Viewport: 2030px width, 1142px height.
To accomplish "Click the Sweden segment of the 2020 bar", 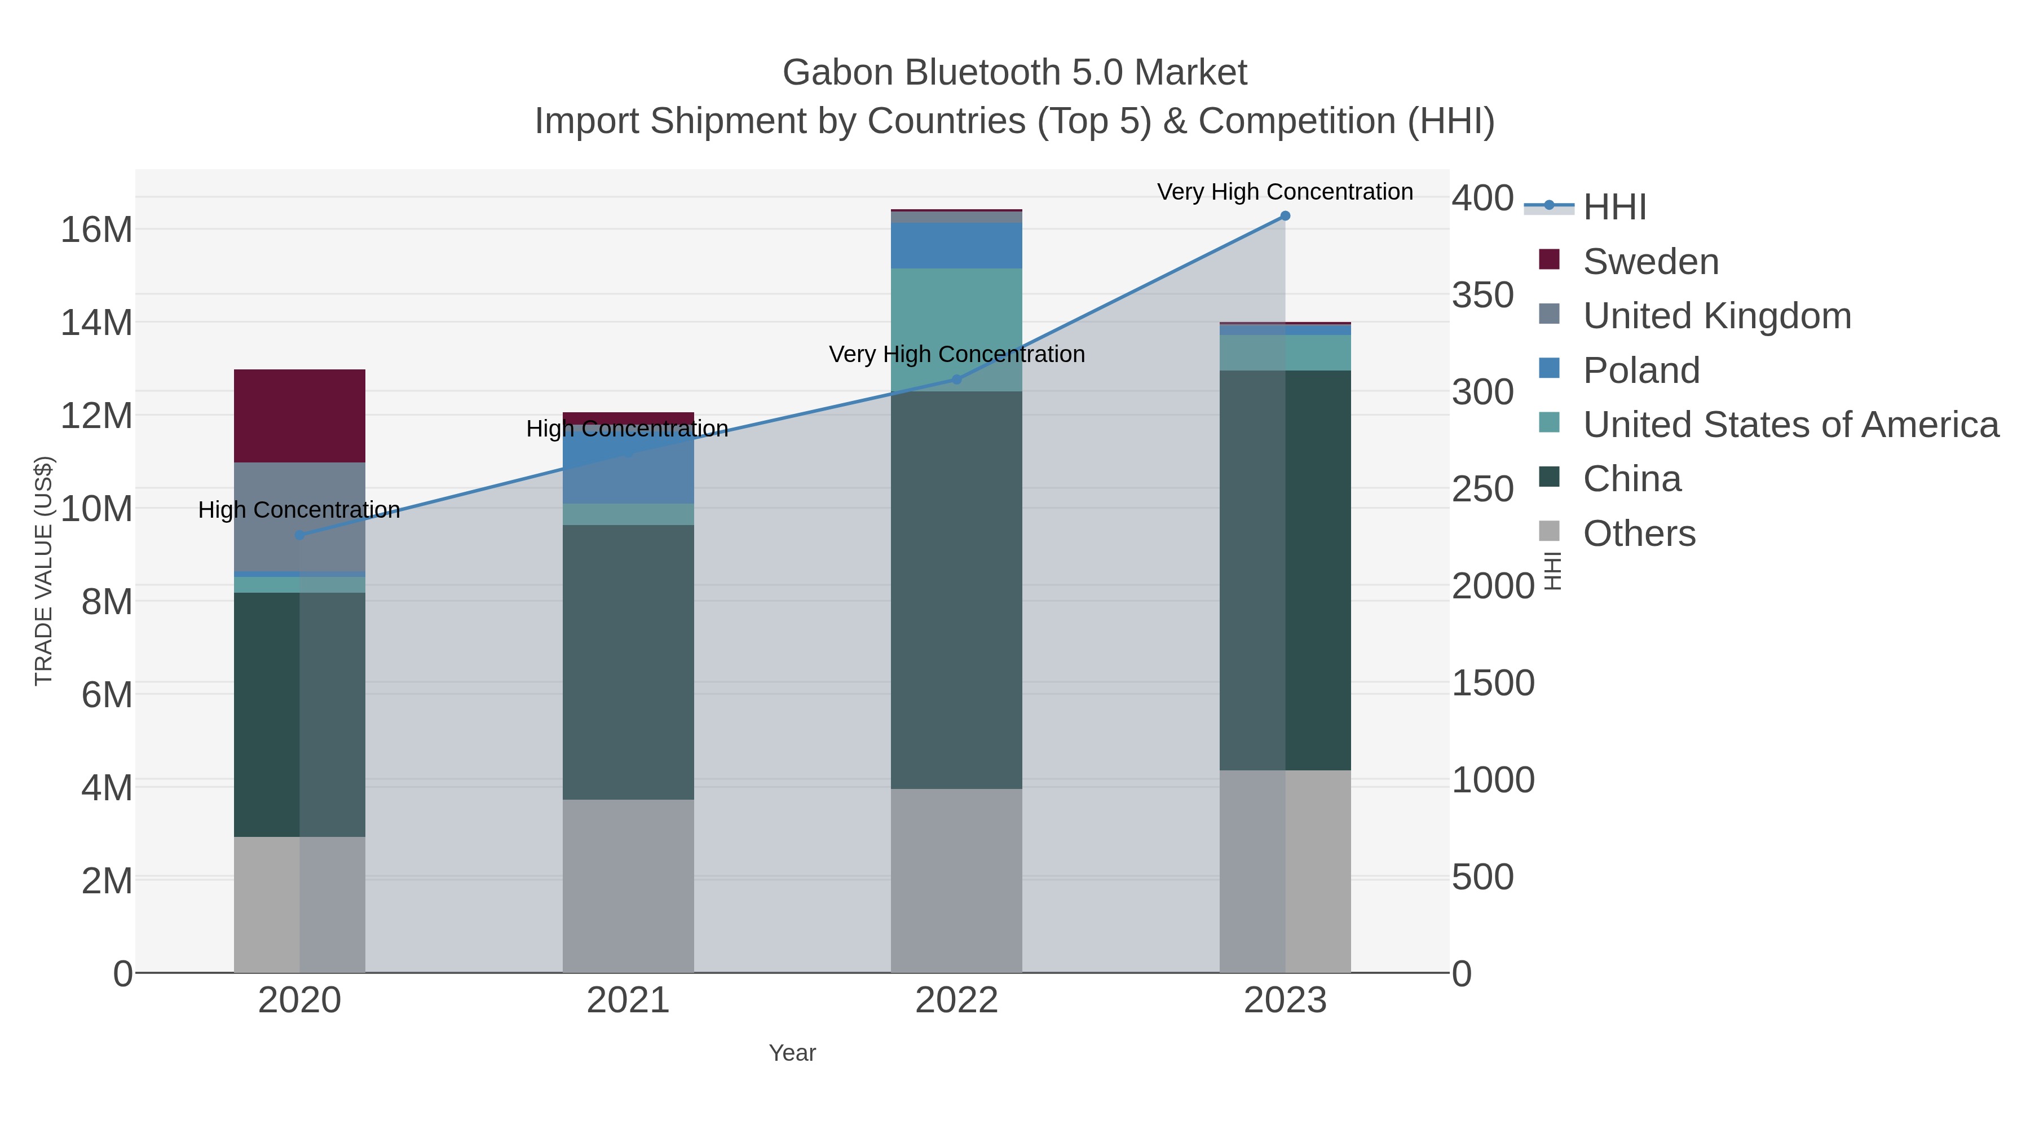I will tap(299, 415).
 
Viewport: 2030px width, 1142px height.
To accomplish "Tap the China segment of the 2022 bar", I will tap(956, 589).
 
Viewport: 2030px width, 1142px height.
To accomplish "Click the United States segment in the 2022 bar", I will tap(956, 329).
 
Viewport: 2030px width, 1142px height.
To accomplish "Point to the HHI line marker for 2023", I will tap(1285, 216).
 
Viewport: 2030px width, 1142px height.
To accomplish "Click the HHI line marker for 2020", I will tap(299, 535).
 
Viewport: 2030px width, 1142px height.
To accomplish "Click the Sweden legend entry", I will tap(1650, 262).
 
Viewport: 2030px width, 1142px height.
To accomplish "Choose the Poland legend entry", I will tap(1641, 371).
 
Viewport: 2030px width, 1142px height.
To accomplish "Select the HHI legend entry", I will tap(1614, 206).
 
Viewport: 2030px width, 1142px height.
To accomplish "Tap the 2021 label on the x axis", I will tap(628, 1000).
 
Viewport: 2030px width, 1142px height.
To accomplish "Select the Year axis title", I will tap(792, 1053).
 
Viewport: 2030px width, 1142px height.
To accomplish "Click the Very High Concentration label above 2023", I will tap(1285, 192).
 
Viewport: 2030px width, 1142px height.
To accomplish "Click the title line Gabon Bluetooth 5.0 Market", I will tap(1014, 73).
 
